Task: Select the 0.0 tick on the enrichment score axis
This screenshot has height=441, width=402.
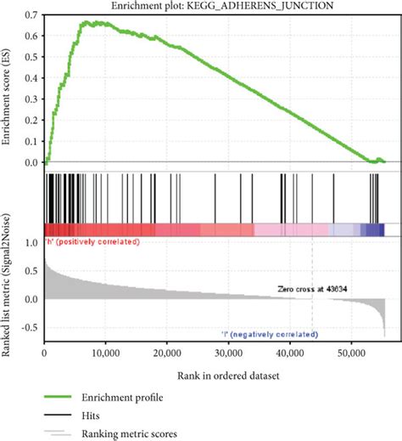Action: point(31,162)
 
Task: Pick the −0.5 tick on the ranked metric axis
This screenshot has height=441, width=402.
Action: point(30,327)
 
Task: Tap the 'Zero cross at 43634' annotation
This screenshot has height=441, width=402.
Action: point(317,289)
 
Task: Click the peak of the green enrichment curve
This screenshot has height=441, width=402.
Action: point(84,22)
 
